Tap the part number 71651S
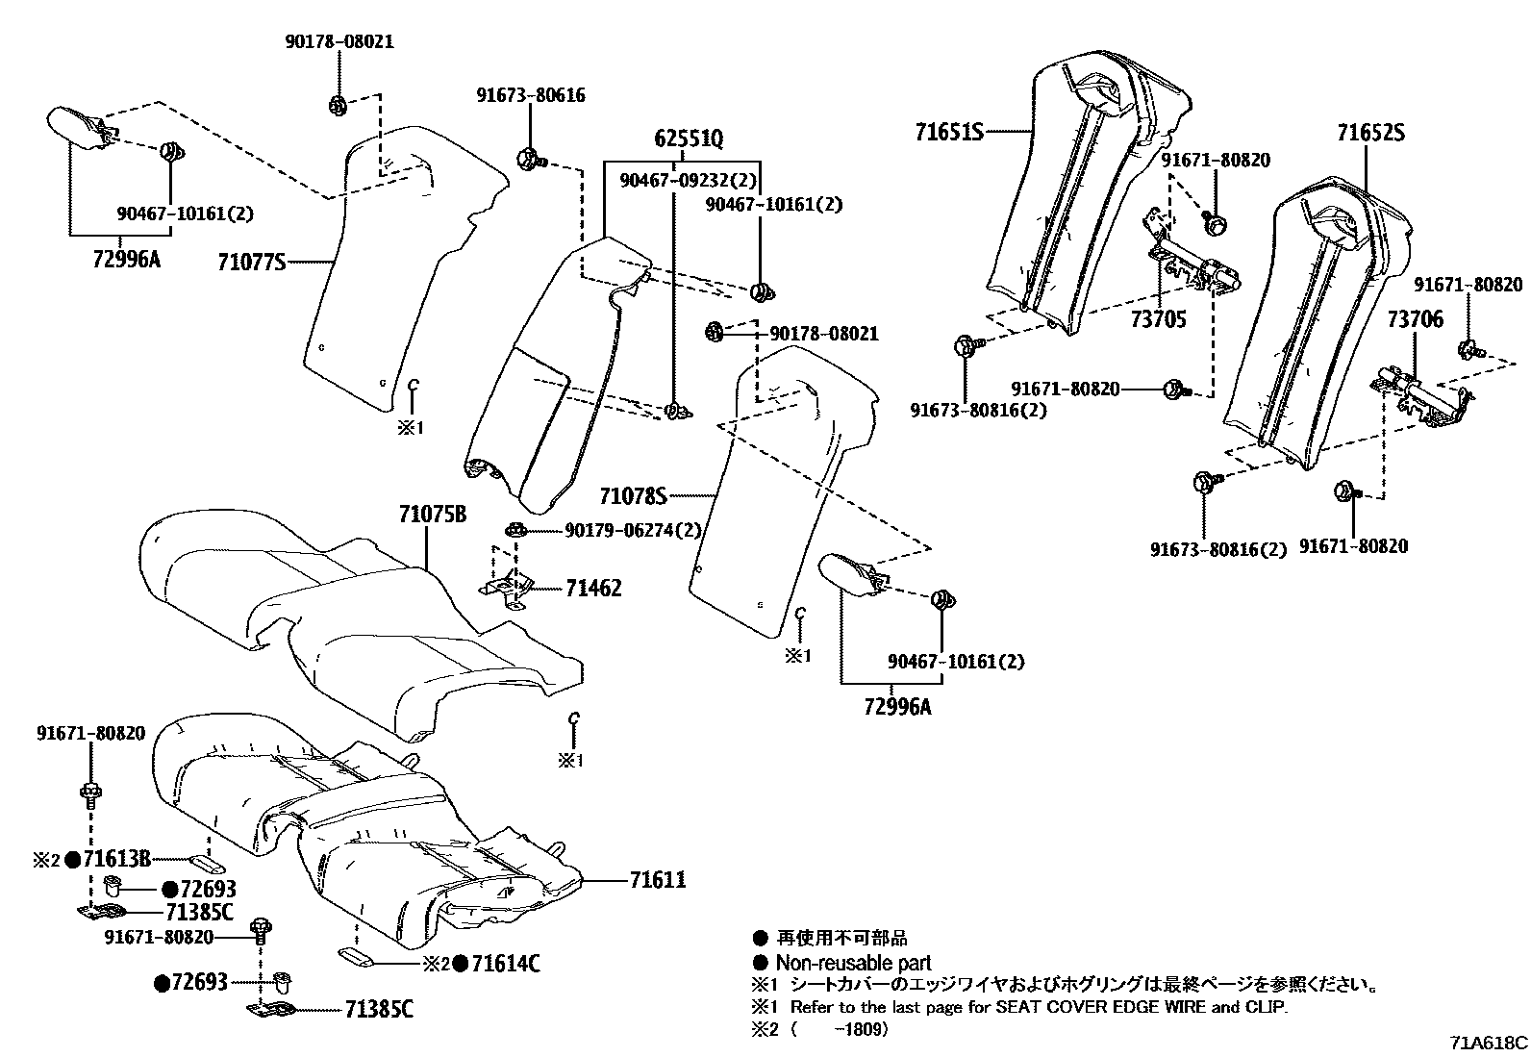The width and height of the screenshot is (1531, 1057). click(x=948, y=131)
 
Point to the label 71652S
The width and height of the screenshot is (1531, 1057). click(x=1369, y=133)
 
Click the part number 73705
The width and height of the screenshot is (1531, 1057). click(x=1158, y=319)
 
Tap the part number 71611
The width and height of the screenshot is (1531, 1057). click(x=658, y=879)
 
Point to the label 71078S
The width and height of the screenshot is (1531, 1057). click(x=633, y=496)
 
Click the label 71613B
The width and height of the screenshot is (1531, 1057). click(x=116, y=858)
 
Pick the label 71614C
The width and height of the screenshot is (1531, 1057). click(x=504, y=963)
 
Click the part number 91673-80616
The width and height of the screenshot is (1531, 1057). click(x=530, y=95)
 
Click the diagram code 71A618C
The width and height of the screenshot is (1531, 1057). click(x=1490, y=1042)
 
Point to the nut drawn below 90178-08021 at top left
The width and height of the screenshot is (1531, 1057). click(x=338, y=105)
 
